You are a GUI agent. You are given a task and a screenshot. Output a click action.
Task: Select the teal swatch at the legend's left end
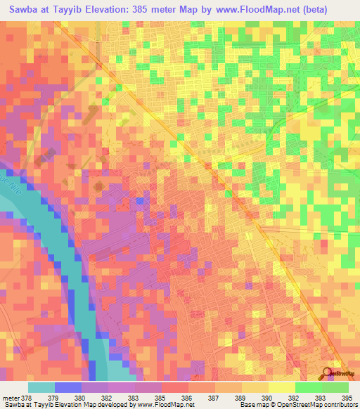tap(41, 387)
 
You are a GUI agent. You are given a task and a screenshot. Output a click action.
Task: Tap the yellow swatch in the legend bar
tap(255, 387)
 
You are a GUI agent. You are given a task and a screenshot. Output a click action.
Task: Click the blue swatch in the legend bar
tap(68, 387)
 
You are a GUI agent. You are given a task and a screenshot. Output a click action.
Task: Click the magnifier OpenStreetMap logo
tap(328, 375)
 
